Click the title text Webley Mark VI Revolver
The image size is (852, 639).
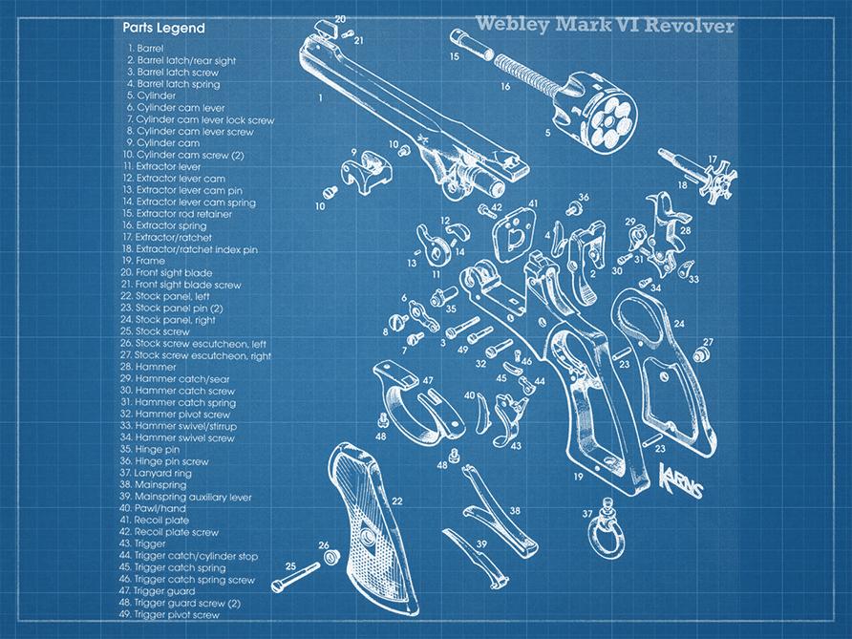click(x=605, y=24)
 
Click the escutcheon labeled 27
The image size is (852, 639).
click(x=700, y=355)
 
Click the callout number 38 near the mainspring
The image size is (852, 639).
click(x=516, y=511)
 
